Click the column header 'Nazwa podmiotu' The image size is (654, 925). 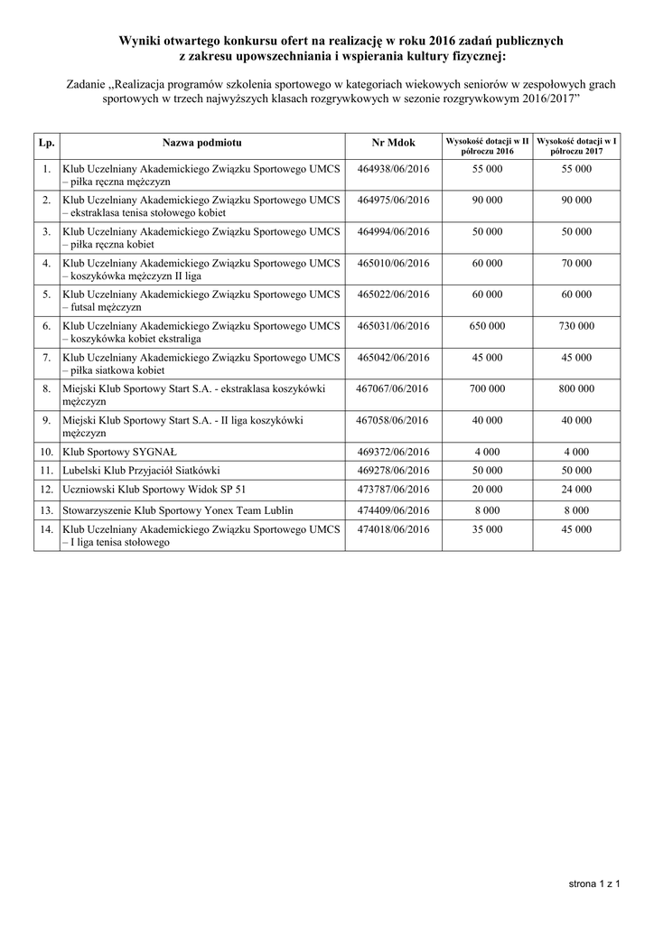pyautogui.click(x=202, y=143)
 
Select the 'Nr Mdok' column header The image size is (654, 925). pyautogui.click(x=393, y=143)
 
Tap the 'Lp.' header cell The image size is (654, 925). pyautogui.click(x=46, y=143)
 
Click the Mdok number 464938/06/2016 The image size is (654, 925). pyautogui.click(x=393, y=169)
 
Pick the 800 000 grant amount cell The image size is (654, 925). pyautogui.click(x=576, y=388)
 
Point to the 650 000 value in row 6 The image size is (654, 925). pyautogui.click(x=487, y=325)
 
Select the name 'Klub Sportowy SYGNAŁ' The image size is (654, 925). pyautogui.click(x=110, y=452)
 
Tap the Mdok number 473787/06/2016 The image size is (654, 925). pyautogui.click(x=393, y=490)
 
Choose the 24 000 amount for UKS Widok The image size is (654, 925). pyautogui.click(x=576, y=490)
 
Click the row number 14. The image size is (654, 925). pyautogui.click(x=45, y=529)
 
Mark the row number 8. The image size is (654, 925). pyautogui.click(x=45, y=388)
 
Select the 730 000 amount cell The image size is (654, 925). pyautogui.click(x=576, y=325)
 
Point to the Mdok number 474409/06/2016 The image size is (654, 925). pyautogui.click(x=393, y=509)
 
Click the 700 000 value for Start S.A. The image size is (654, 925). pyautogui.click(x=487, y=388)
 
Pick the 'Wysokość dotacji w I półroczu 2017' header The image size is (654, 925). pyautogui.click(x=576, y=145)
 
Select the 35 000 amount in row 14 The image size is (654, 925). pyautogui.click(x=487, y=529)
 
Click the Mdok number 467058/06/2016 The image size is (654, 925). pyautogui.click(x=393, y=420)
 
